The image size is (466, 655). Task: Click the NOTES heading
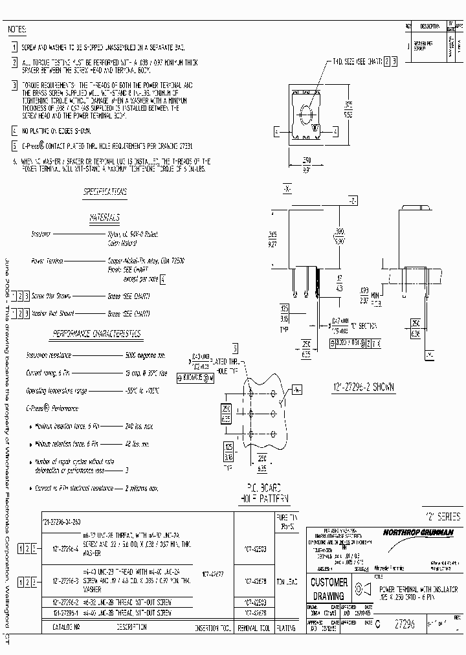(17, 30)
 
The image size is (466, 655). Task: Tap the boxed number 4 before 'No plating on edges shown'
(15, 131)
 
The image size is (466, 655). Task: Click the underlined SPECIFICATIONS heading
(105, 192)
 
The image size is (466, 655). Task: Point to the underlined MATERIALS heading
(104, 219)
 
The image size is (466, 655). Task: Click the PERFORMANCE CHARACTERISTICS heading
(97, 334)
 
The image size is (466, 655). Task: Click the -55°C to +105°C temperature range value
(142, 391)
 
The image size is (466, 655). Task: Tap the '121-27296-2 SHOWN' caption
(363, 386)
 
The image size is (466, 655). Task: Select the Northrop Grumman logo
(418, 532)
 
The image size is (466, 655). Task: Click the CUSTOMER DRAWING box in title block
(329, 588)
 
